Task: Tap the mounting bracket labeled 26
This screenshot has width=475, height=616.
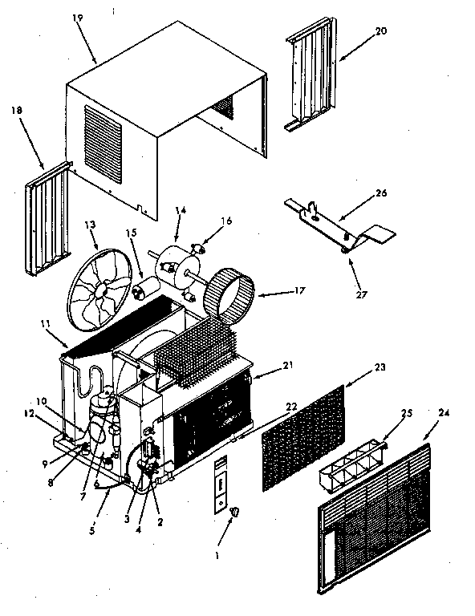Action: (x=337, y=221)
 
